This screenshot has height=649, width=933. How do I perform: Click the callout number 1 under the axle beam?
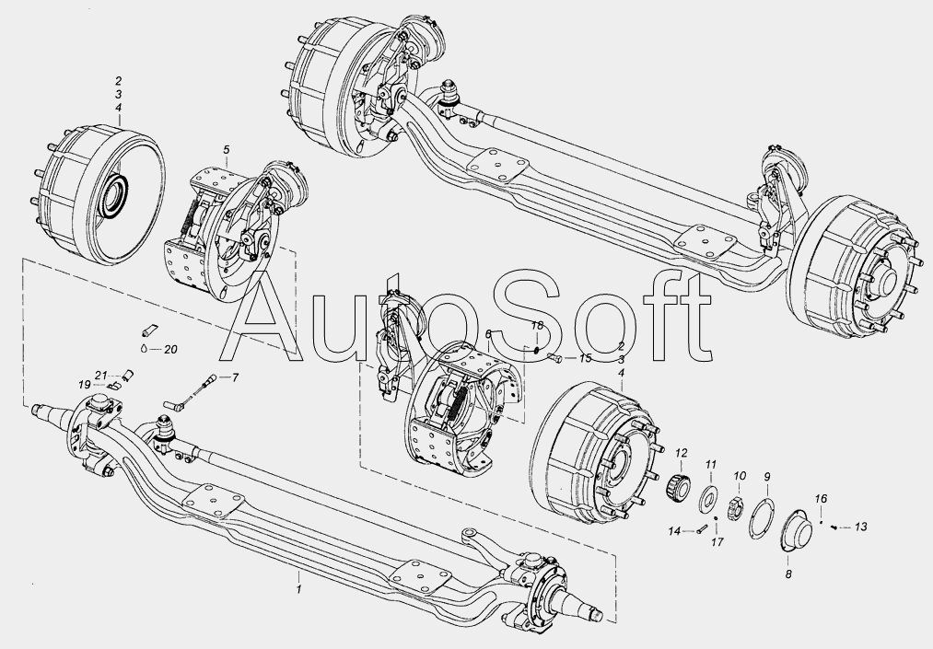tap(299, 589)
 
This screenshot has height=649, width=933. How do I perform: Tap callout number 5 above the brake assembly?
tap(227, 149)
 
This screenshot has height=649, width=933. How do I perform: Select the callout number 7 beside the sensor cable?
tap(235, 377)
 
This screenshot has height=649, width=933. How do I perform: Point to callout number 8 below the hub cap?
tap(788, 574)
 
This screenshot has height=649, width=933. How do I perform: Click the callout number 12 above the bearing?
tap(682, 453)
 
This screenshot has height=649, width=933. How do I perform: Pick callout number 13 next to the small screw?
tap(860, 527)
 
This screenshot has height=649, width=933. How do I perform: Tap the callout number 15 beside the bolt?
tap(586, 358)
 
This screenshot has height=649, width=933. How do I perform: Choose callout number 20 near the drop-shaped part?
tap(170, 350)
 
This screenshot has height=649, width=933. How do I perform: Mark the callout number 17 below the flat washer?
tap(717, 542)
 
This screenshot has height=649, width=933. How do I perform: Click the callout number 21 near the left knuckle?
tap(100, 376)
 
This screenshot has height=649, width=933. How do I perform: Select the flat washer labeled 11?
tap(708, 498)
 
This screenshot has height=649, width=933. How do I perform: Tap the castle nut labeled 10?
tap(737, 508)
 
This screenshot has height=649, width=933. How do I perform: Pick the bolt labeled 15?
tap(554, 358)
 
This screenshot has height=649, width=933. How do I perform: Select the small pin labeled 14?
tap(700, 530)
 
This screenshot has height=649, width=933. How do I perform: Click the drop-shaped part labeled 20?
tap(145, 349)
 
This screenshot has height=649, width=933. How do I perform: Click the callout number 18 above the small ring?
tap(537, 326)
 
